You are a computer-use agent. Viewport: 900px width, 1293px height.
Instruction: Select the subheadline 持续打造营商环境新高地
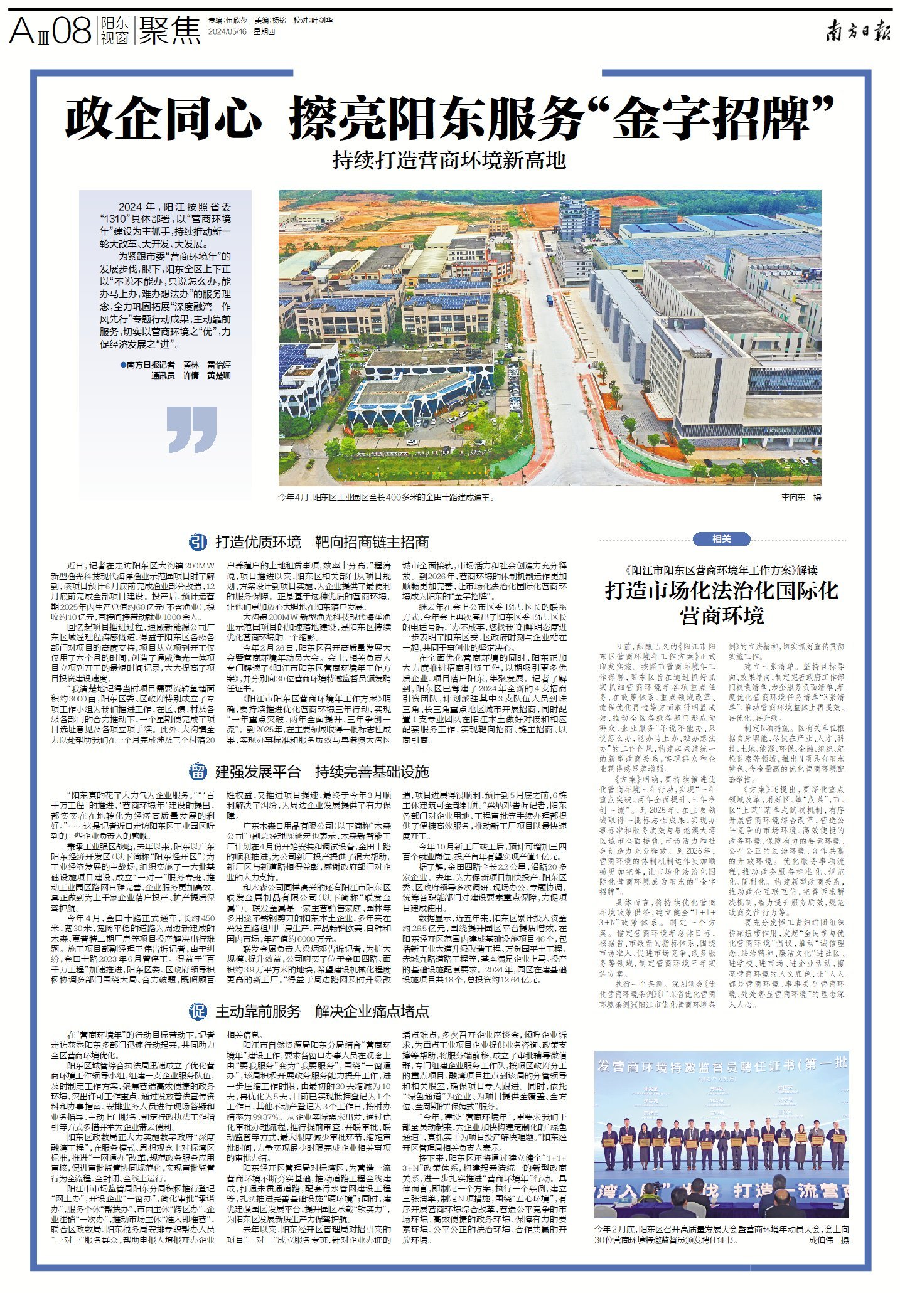click(x=449, y=161)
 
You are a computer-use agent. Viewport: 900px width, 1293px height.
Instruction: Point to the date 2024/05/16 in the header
click(x=227, y=31)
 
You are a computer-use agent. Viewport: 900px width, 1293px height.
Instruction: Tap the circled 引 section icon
click(x=198, y=542)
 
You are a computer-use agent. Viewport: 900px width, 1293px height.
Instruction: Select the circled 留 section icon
click(x=198, y=771)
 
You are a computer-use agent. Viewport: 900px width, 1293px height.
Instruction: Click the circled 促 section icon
click(x=198, y=1011)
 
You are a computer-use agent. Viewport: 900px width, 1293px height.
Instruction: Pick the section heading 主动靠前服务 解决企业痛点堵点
click(x=322, y=1011)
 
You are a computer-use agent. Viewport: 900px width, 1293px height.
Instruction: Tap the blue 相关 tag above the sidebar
click(x=721, y=539)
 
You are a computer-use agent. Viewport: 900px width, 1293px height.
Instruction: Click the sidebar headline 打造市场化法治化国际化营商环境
click(x=721, y=602)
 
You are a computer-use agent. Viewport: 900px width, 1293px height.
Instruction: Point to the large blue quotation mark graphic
click(x=192, y=429)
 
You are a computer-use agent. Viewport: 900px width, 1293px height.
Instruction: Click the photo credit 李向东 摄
click(x=801, y=498)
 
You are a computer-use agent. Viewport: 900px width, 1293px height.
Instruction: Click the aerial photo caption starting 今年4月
click(x=387, y=498)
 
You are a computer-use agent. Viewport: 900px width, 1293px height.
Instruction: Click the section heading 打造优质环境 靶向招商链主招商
click(x=322, y=542)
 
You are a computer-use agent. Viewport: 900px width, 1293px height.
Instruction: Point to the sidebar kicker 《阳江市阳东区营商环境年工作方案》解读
click(x=721, y=570)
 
